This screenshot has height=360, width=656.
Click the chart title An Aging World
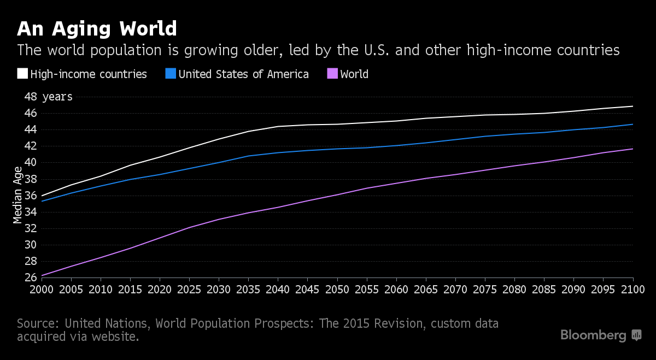(97, 28)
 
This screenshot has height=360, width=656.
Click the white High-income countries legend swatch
(22, 74)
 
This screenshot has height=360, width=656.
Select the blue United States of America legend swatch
(171, 74)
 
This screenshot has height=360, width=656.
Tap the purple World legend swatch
(332, 74)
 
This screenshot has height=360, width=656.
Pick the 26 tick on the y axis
(30, 278)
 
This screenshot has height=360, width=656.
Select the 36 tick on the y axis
(30, 196)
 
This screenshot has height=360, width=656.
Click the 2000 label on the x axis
(42, 288)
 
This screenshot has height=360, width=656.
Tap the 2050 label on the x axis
(337, 288)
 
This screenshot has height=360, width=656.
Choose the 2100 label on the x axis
(632, 288)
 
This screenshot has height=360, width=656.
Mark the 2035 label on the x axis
(249, 288)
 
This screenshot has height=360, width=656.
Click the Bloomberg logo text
(593, 335)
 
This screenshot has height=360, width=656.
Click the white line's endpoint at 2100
(633, 106)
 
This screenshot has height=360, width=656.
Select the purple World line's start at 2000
(42, 275)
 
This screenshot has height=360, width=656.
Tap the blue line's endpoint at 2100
(633, 124)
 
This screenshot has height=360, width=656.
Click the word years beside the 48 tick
(57, 97)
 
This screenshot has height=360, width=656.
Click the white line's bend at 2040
(278, 126)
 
